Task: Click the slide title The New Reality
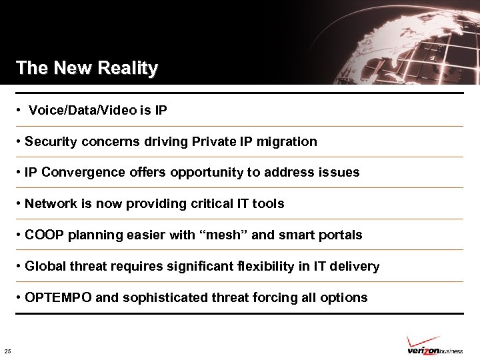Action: [x=87, y=68]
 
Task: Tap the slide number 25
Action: [x=7, y=351]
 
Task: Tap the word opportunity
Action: [x=207, y=172]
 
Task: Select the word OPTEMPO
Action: [x=59, y=297]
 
